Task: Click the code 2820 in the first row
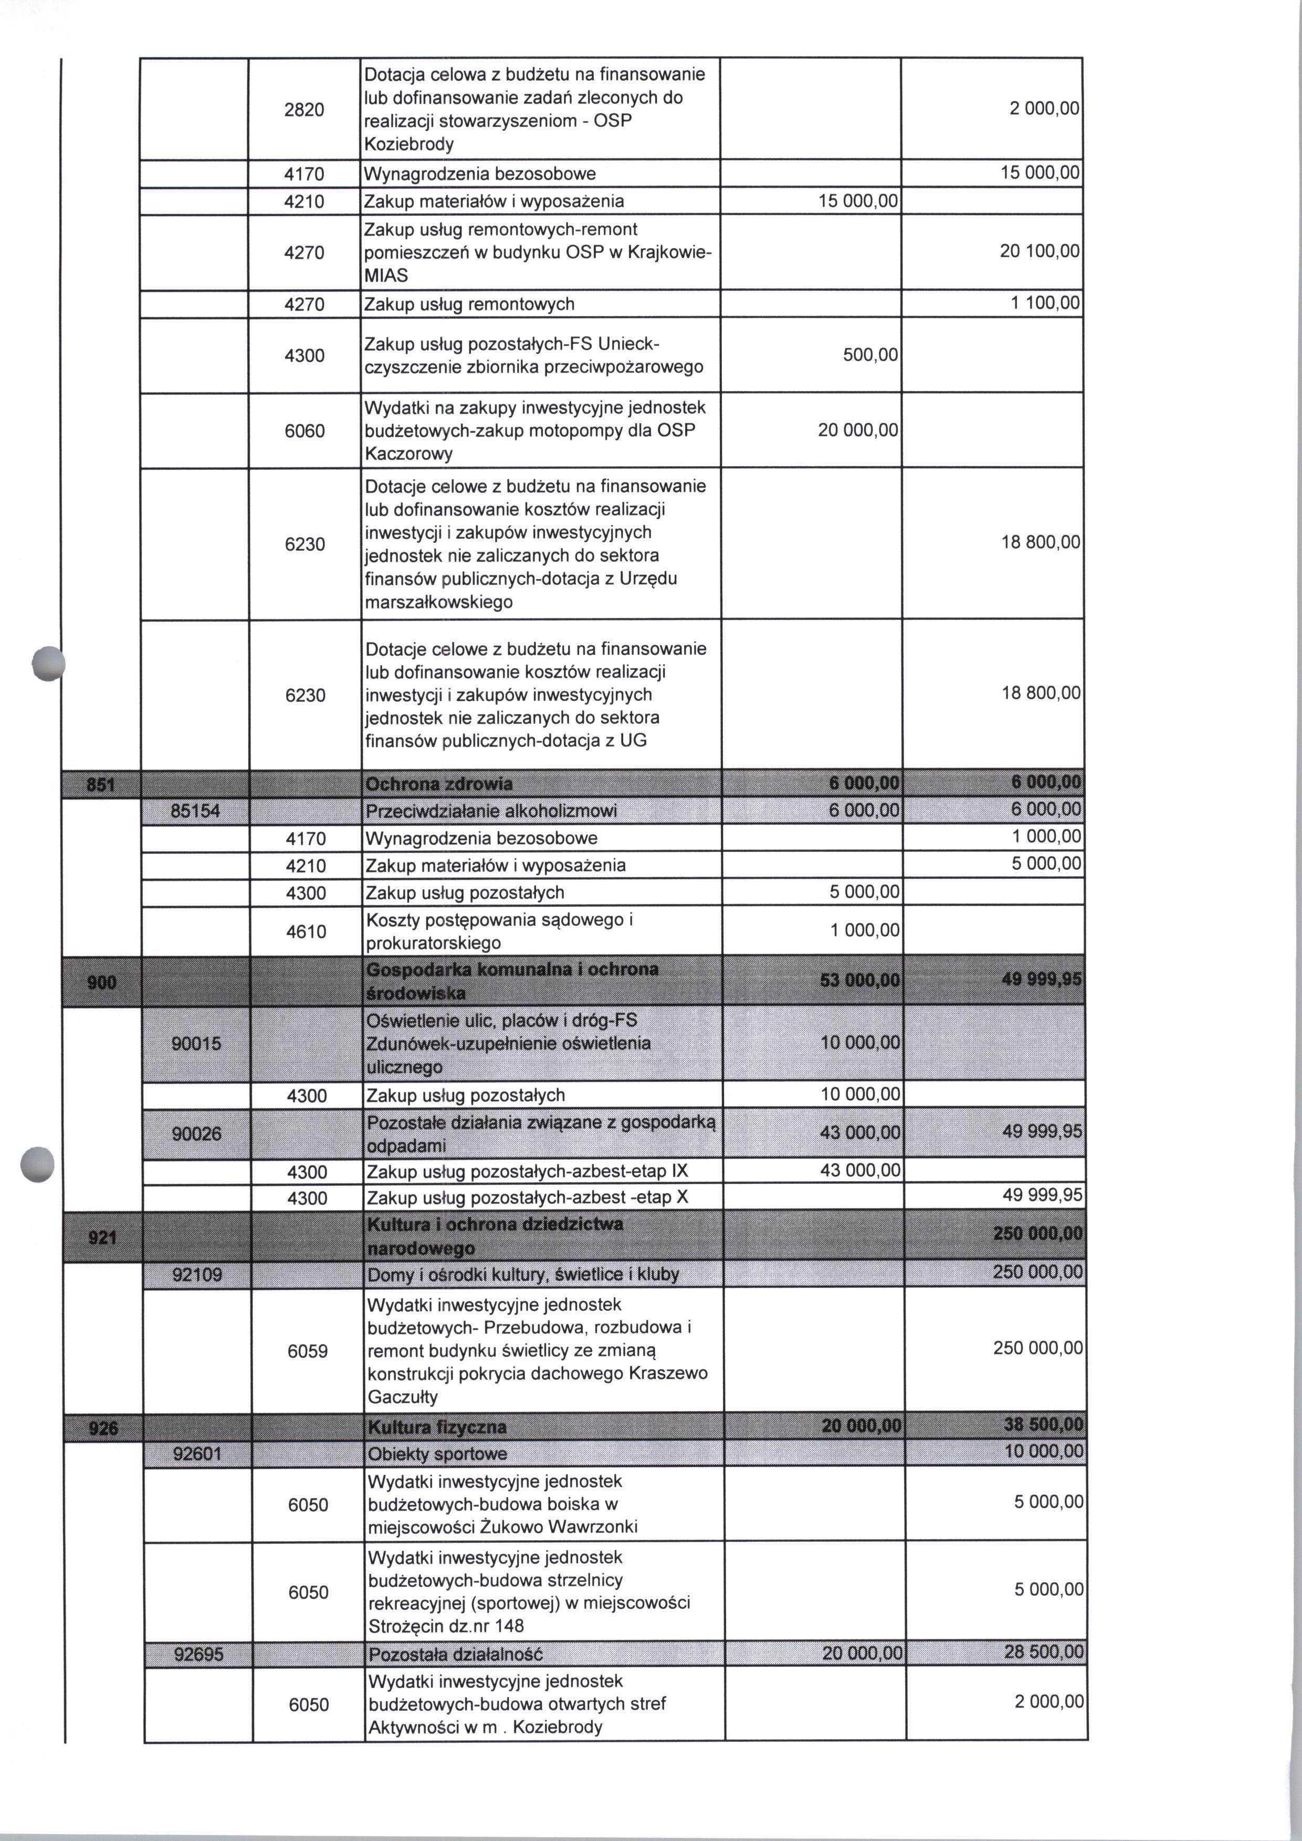(x=304, y=110)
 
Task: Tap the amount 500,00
(x=870, y=355)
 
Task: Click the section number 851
(x=101, y=785)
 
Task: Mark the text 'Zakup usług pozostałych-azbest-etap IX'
(x=527, y=1172)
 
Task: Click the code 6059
(x=308, y=1352)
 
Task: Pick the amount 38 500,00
(x=1043, y=1425)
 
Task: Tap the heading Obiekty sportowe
(x=437, y=1454)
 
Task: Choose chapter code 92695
(x=198, y=1654)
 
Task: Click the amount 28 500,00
(x=1043, y=1653)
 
